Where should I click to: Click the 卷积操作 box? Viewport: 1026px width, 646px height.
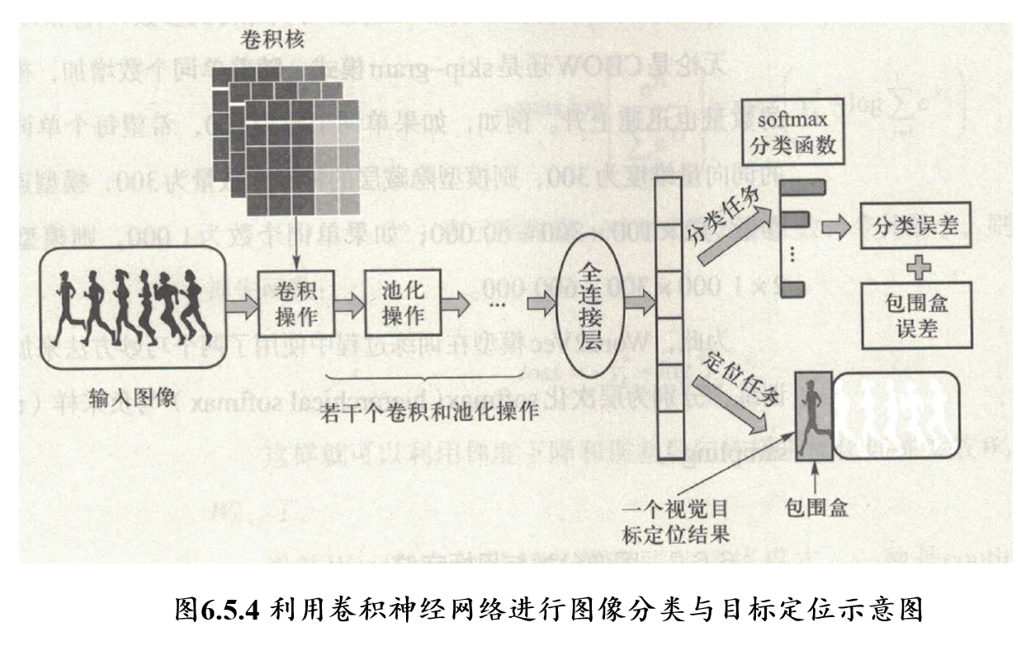pyautogui.click(x=293, y=304)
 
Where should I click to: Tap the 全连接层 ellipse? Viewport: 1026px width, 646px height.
pyautogui.click(x=588, y=304)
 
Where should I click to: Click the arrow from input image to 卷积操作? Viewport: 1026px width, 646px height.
pyautogui.click(x=239, y=306)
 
